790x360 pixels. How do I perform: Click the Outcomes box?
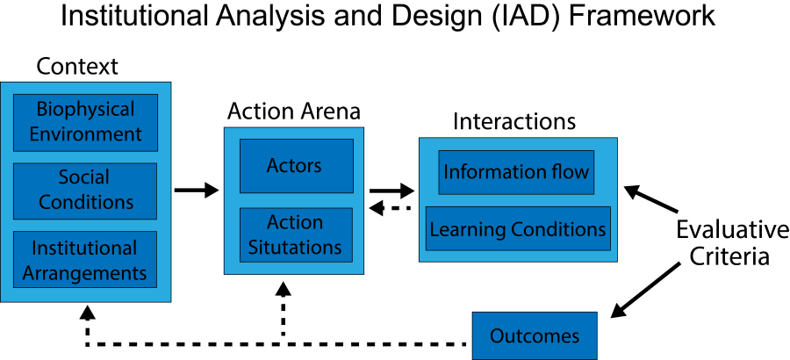click(534, 335)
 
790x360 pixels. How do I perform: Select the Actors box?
click(296, 166)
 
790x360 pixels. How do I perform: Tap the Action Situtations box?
click(296, 234)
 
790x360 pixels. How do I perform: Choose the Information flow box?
click(516, 172)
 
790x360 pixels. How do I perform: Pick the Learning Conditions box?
click(517, 229)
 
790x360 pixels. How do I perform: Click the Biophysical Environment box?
click(85, 122)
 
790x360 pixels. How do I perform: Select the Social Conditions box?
click(85, 191)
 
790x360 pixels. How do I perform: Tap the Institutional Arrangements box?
click(85, 260)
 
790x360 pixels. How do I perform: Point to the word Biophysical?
click(85, 110)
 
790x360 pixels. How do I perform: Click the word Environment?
click(85, 134)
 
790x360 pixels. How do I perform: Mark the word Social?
click(84, 178)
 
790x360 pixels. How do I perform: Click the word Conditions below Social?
click(86, 202)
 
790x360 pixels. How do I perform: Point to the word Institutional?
click(84, 248)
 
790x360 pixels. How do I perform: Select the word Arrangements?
click(85, 273)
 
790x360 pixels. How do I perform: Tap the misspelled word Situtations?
click(295, 248)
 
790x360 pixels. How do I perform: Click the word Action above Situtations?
click(295, 222)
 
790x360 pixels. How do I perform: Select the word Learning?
click(466, 230)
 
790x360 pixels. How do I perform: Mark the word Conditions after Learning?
click(559, 230)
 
